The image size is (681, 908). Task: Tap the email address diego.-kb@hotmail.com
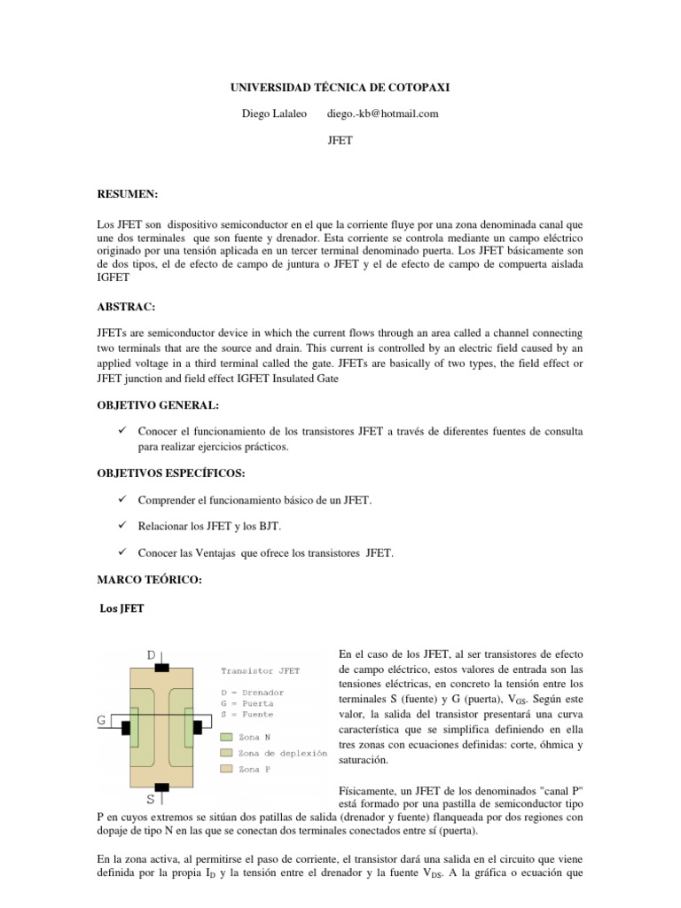382,113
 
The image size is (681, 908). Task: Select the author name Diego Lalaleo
275,113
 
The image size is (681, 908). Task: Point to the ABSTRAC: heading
127,307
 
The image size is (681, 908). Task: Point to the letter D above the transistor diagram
152,655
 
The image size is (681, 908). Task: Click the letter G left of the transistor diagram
102,721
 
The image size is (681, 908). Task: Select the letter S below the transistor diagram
151,798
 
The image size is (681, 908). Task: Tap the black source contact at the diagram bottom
162,787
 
